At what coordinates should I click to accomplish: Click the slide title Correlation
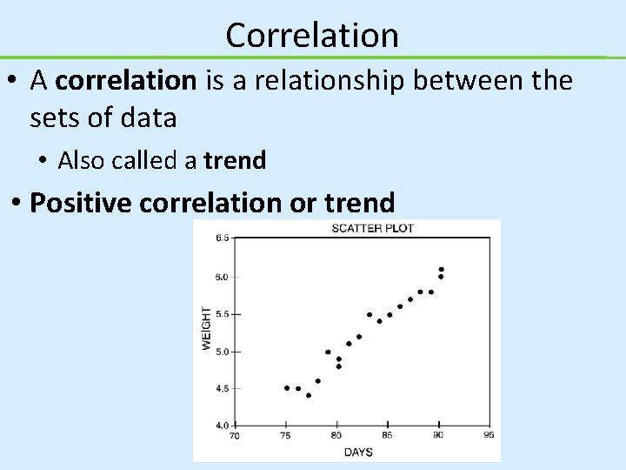pyautogui.click(x=312, y=35)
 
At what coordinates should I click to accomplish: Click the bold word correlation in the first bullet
pyautogui.click(x=127, y=81)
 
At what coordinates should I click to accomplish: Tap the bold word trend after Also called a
pyautogui.click(x=235, y=160)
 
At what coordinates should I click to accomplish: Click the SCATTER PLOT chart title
pyautogui.click(x=371, y=229)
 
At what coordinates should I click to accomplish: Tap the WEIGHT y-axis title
pyautogui.click(x=206, y=328)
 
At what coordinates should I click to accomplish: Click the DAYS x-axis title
pyautogui.click(x=358, y=452)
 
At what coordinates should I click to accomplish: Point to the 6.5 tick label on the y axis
pyautogui.click(x=222, y=238)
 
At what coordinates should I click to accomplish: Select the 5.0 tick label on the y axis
pyautogui.click(x=222, y=352)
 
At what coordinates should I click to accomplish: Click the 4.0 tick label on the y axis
pyautogui.click(x=222, y=425)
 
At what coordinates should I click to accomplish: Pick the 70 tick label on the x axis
pyautogui.click(x=235, y=434)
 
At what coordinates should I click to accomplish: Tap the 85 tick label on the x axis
pyautogui.click(x=387, y=434)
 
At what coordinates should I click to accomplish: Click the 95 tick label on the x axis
pyautogui.click(x=489, y=434)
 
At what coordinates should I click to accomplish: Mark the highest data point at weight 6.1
pyautogui.click(x=441, y=270)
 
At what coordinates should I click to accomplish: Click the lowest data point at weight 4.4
pyautogui.click(x=309, y=395)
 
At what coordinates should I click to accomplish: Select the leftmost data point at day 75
pyautogui.click(x=287, y=388)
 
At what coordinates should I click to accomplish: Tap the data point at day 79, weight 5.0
pyautogui.click(x=328, y=352)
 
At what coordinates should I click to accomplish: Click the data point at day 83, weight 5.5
pyautogui.click(x=370, y=315)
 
